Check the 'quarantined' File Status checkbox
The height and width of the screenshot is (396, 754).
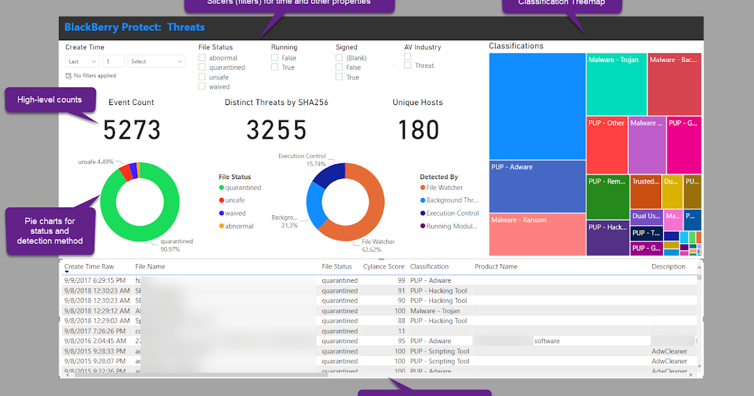click(202, 67)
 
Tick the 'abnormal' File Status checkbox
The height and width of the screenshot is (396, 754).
click(202, 58)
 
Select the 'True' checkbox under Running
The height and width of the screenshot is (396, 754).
click(275, 67)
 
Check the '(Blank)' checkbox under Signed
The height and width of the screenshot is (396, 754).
click(339, 58)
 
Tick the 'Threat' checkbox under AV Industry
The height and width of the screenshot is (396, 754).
click(408, 65)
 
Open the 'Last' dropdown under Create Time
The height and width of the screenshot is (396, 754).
click(82, 62)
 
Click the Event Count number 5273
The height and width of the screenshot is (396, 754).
click(132, 130)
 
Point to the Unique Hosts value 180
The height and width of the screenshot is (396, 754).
click(418, 130)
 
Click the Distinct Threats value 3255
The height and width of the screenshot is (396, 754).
click(276, 130)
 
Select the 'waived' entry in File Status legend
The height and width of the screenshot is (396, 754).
click(236, 213)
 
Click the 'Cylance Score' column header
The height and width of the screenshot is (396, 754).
click(383, 267)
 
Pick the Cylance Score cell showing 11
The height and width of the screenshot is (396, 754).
click(400, 331)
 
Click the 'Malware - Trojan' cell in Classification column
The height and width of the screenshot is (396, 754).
click(435, 311)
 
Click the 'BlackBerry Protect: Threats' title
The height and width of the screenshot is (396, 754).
click(134, 27)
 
